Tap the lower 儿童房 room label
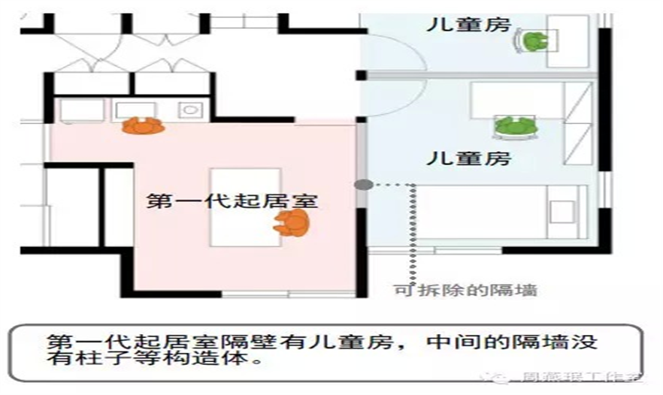coord(468,158)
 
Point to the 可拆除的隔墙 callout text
coord(466,290)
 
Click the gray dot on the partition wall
coord(364,184)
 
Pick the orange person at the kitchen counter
coord(142,125)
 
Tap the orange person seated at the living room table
coord(292,222)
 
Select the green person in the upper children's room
coord(534,41)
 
